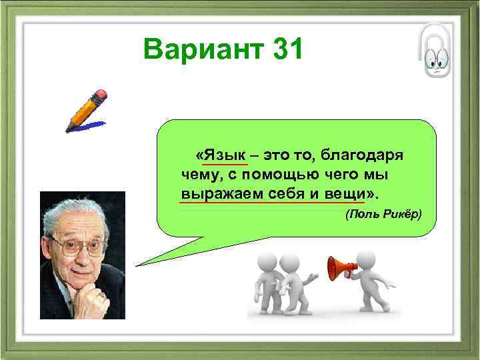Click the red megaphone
tap(339, 268)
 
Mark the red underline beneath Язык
tap(225, 163)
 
